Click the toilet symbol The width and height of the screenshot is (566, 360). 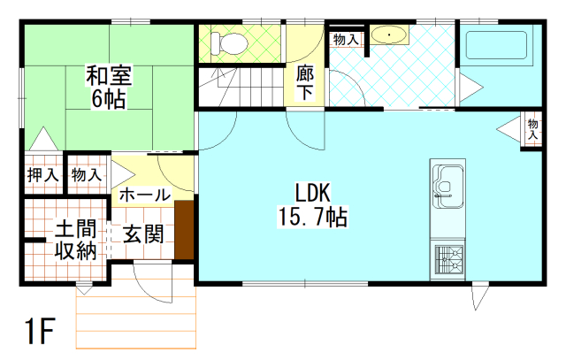tap(229, 43)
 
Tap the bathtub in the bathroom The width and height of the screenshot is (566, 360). tap(496, 45)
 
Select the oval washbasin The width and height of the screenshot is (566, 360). tap(389, 35)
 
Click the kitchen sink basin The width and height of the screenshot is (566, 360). tap(447, 187)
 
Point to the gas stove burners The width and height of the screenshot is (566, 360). tap(449, 259)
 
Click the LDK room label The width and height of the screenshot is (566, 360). tap(313, 193)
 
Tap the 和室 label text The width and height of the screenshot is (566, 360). tap(109, 75)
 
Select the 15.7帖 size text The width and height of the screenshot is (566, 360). tap(312, 217)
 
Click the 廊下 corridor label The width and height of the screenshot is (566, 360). tap(305, 82)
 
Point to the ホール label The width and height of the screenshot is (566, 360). tap(145, 195)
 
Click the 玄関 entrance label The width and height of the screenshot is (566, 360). tap(143, 234)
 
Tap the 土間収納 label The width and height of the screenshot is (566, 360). tap(76, 240)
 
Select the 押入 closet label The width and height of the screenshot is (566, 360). tap(43, 175)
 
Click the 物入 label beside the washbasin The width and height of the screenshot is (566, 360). tap(346, 39)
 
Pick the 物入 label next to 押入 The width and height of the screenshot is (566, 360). tap(87, 175)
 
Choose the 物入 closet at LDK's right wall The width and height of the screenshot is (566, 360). tap(532, 129)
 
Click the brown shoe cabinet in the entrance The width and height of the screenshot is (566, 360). tap(185, 230)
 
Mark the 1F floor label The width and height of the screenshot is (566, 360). tap(40, 331)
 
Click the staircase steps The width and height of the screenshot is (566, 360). tap(241, 87)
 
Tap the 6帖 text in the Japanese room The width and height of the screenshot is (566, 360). tap(109, 98)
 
